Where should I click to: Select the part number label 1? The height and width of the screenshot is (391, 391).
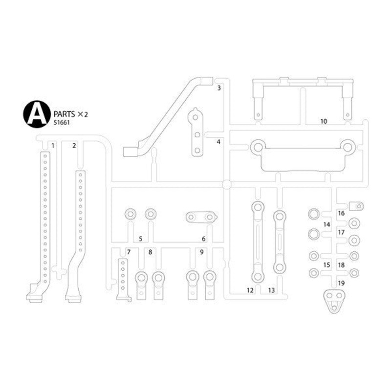(52, 145)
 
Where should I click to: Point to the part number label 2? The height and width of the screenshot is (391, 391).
(74, 145)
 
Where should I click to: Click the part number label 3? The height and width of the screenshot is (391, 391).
(219, 88)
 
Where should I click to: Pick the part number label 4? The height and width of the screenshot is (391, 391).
(219, 142)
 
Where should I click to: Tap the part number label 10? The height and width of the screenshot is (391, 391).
(324, 121)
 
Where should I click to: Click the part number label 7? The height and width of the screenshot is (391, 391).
(129, 252)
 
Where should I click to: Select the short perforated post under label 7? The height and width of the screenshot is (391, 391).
(123, 281)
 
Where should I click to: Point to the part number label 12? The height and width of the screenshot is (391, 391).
(250, 290)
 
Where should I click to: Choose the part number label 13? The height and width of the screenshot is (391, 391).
(272, 290)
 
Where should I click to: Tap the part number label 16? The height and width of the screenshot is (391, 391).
(341, 214)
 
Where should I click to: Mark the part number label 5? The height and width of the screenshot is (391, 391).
(140, 239)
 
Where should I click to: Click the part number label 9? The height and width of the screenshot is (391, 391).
(201, 252)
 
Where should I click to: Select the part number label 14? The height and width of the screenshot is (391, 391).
(327, 224)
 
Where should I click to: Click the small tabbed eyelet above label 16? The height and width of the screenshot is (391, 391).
(356, 205)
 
